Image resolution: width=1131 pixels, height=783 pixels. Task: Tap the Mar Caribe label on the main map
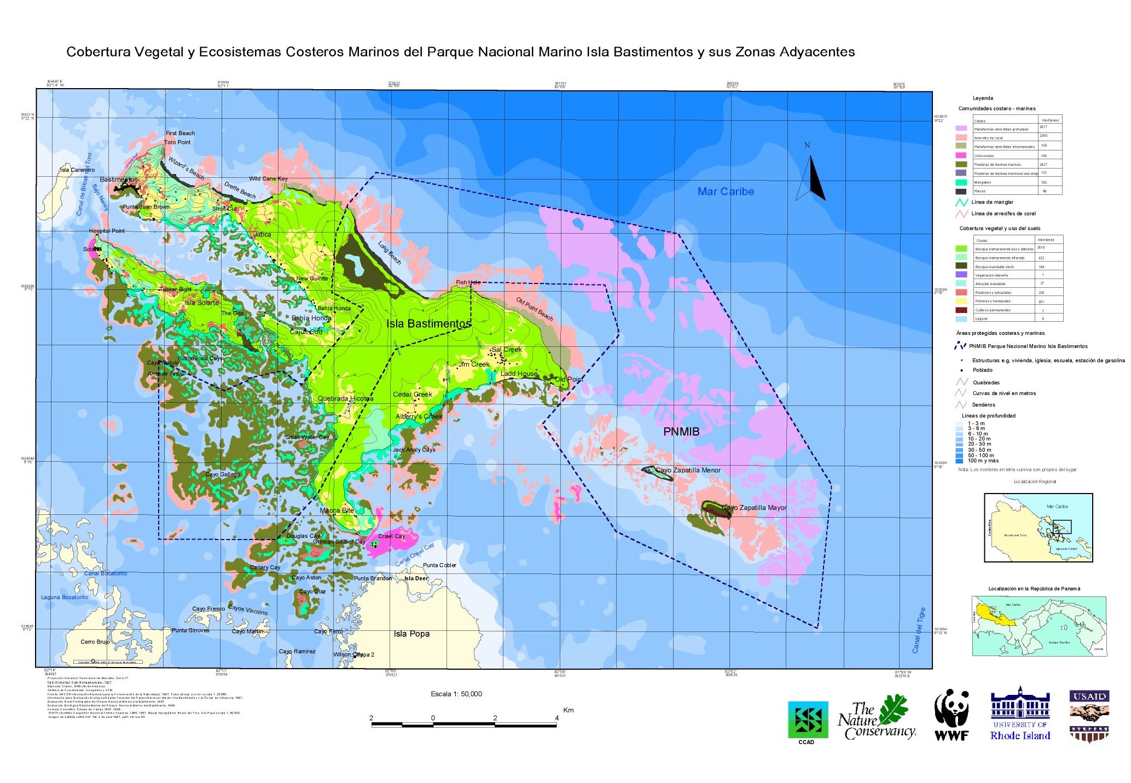726,192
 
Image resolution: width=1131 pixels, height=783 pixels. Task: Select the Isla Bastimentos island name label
428,323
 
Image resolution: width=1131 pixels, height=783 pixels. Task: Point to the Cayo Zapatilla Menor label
688,470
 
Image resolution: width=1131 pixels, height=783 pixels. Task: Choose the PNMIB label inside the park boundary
681,432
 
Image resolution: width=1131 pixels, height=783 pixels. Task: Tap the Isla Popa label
411,634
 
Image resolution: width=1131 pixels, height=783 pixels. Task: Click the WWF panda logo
952,715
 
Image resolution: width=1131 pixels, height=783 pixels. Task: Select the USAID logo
1089,716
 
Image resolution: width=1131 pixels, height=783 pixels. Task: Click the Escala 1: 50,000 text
456,694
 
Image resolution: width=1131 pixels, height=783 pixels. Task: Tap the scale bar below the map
464,724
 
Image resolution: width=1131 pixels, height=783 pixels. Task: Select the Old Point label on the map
569,379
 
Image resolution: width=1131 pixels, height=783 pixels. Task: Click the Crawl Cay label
391,536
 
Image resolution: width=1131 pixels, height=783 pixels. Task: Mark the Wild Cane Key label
268,178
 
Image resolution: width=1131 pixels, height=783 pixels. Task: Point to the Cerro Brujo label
95,642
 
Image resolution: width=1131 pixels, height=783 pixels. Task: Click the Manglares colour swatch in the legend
961,182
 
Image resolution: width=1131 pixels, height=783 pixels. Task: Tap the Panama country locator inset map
1039,626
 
